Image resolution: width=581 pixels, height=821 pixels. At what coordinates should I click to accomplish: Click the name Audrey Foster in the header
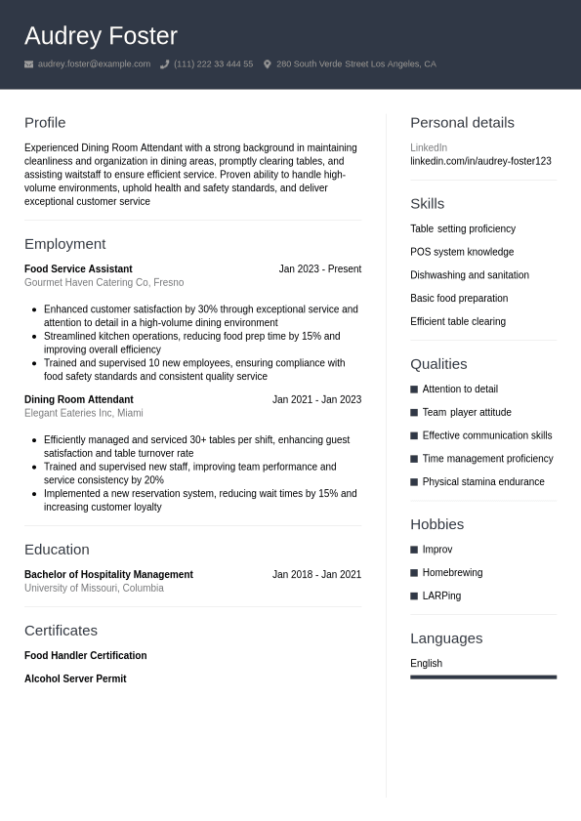pyautogui.click(x=101, y=36)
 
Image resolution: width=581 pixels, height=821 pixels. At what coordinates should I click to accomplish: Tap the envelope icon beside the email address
pyautogui.click(x=28, y=64)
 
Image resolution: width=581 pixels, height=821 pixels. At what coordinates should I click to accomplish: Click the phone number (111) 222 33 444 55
pyautogui.click(x=213, y=64)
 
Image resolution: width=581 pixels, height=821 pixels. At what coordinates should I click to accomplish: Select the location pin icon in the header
pyautogui.click(x=268, y=64)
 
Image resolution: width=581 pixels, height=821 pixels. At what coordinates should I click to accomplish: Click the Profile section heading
pyautogui.click(x=45, y=123)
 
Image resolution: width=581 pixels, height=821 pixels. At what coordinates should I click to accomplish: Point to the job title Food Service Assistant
pyautogui.click(x=78, y=269)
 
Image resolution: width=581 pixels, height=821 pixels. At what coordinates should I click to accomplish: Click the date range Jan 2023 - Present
pyautogui.click(x=319, y=269)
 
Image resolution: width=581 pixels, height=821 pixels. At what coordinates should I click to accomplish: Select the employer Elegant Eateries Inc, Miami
pyautogui.click(x=83, y=413)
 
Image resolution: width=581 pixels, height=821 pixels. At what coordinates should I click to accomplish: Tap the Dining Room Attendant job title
pyautogui.click(x=78, y=399)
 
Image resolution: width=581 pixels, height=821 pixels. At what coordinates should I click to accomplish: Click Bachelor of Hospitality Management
pyautogui.click(x=108, y=575)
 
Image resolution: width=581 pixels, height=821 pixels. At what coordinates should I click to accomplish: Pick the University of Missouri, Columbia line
pyautogui.click(x=94, y=589)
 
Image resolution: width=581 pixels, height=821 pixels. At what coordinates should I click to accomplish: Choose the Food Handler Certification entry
pyautogui.click(x=85, y=656)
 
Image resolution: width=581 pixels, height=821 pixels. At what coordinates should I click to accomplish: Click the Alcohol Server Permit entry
pyautogui.click(x=75, y=679)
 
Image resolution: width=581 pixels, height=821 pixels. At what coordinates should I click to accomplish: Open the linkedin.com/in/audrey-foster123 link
pyautogui.click(x=480, y=161)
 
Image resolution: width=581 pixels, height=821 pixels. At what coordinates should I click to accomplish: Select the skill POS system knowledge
pyautogui.click(x=462, y=252)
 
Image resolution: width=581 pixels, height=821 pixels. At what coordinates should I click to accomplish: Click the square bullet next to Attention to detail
pyautogui.click(x=414, y=390)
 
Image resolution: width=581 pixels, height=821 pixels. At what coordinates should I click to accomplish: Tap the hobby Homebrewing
pyautogui.click(x=452, y=573)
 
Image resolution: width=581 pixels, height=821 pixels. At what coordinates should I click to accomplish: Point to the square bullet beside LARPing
pyautogui.click(x=414, y=596)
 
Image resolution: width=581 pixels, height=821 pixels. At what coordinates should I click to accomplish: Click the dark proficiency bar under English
pyautogui.click(x=483, y=677)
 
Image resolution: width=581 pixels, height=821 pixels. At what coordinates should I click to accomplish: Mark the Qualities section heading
pyautogui.click(x=438, y=364)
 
